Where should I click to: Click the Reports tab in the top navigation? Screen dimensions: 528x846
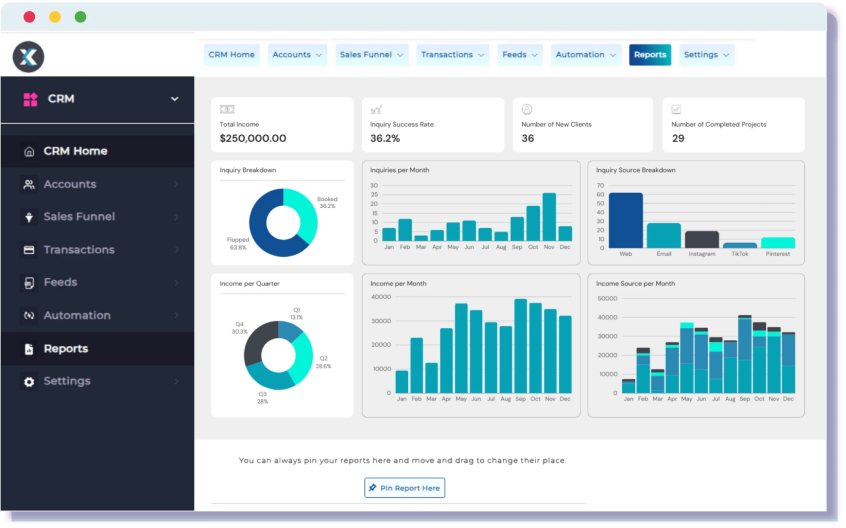(649, 55)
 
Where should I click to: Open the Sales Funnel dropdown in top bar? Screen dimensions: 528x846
(371, 55)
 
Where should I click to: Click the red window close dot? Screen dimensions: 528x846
(29, 17)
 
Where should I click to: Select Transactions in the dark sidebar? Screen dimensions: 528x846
(79, 250)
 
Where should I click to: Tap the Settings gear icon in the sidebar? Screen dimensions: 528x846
(29, 382)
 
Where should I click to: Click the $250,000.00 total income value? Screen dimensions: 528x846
(253, 138)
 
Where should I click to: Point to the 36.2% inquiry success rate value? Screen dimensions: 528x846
(385, 138)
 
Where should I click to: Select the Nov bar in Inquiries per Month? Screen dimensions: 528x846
(549, 217)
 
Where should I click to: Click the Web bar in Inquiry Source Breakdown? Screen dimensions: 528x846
(625, 220)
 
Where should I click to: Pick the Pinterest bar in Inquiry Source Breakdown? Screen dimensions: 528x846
(778, 243)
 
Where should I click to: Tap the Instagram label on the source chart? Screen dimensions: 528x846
(702, 254)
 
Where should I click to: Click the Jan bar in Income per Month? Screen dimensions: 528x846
(401, 382)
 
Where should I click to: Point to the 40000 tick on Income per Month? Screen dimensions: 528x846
(381, 297)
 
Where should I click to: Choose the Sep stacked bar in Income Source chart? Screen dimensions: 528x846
(744, 355)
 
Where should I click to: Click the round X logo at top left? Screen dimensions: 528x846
(28, 57)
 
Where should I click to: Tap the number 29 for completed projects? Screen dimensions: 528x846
(678, 138)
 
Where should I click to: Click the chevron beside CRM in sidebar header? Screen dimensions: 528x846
(175, 99)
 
